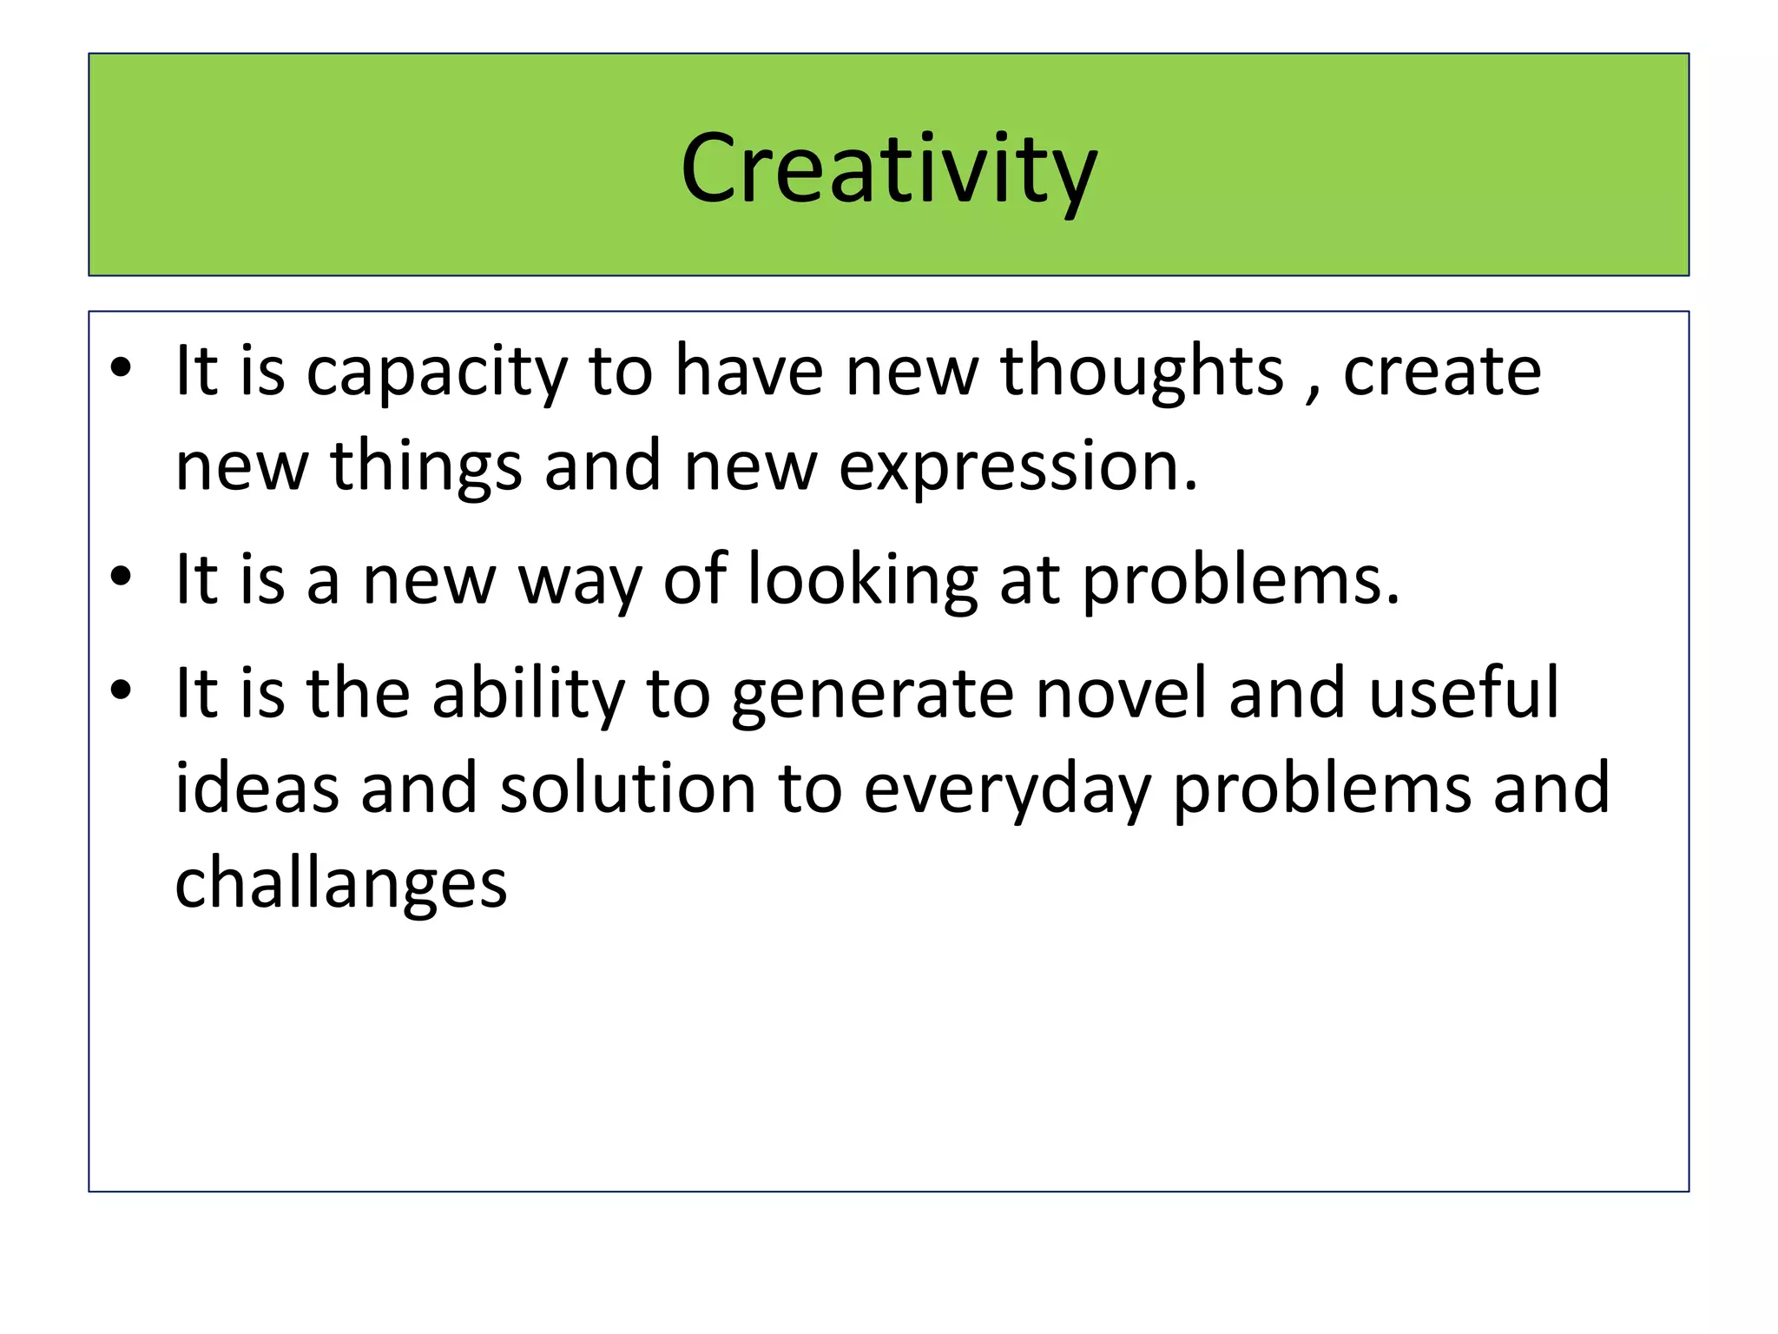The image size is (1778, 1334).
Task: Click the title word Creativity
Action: pyautogui.click(x=889, y=169)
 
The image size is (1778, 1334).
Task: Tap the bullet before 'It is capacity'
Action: pyautogui.click(x=121, y=369)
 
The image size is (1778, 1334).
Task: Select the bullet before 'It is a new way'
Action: pyautogui.click(x=121, y=577)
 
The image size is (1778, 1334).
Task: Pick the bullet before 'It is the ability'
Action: pyautogui.click(x=121, y=690)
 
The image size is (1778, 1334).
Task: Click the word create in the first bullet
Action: pyautogui.click(x=1441, y=372)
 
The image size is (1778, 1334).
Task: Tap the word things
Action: pyautogui.click(x=426, y=467)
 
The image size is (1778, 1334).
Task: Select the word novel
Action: pyautogui.click(x=1121, y=693)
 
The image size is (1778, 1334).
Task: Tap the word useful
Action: pyautogui.click(x=1464, y=693)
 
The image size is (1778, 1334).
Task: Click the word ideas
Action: pyautogui.click(x=257, y=789)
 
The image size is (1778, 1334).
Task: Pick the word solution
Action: pyautogui.click(x=628, y=789)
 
